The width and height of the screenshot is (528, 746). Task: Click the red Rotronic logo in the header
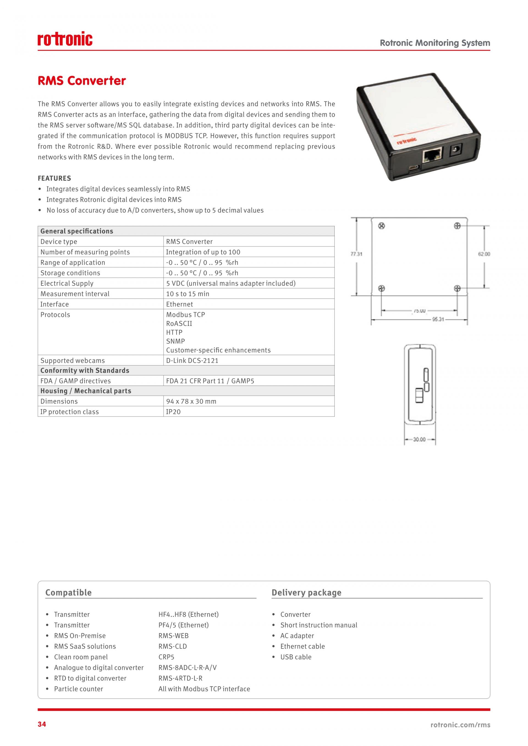pyautogui.click(x=65, y=39)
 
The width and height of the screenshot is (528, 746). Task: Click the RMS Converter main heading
pyautogui.click(x=82, y=81)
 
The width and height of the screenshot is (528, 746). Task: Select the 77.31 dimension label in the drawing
pyautogui.click(x=356, y=254)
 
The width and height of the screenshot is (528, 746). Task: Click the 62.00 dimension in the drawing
pyautogui.click(x=484, y=254)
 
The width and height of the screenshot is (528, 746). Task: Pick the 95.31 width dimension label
pyautogui.click(x=438, y=319)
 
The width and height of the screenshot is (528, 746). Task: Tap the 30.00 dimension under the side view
pyautogui.click(x=419, y=440)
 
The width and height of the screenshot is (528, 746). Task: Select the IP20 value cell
pyautogui.click(x=173, y=412)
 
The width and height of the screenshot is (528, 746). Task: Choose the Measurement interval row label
pyautogui.click(x=75, y=294)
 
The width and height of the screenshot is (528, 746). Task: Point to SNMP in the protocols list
pyautogui.click(x=175, y=341)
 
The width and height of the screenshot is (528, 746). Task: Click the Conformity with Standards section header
pyautogui.click(x=85, y=370)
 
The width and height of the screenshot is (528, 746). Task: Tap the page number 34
pyautogui.click(x=42, y=724)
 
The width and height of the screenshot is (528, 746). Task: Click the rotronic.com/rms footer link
pyautogui.click(x=460, y=725)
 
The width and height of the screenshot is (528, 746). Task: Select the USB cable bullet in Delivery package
pyautogui.click(x=296, y=657)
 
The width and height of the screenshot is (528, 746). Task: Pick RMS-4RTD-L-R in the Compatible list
pyautogui.click(x=180, y=678)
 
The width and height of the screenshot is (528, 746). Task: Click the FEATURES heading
pyautogui.click(x=54, y=178)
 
